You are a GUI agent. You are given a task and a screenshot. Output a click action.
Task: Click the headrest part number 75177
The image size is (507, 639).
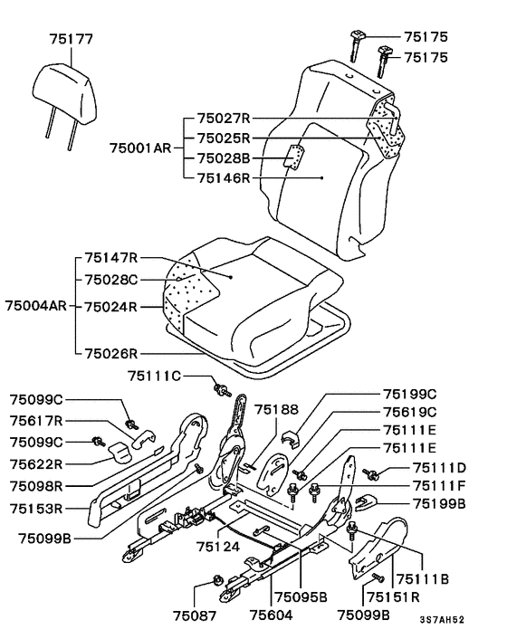point(72,39)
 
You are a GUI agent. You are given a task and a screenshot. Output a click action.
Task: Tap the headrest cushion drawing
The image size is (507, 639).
point(65,93)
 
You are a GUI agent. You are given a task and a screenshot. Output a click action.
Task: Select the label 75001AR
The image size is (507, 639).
point(140,148)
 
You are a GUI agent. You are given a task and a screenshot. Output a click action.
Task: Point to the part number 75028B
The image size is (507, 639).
point(224,158)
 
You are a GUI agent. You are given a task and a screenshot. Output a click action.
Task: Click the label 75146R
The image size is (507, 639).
point(224,178)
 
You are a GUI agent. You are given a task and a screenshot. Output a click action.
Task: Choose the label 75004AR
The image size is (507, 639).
point(36,306)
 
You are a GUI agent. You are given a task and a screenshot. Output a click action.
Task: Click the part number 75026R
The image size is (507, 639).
point(111,353)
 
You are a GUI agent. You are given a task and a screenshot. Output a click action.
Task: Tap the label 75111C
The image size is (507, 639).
point(154,376)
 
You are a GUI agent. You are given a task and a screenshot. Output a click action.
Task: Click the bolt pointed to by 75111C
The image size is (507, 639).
point(222,389)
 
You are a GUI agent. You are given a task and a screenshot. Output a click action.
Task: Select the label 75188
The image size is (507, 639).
point(276,410)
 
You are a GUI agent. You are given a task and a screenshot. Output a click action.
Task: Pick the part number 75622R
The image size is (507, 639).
point(37,463)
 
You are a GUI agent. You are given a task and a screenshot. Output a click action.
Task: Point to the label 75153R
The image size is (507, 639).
point(37,509)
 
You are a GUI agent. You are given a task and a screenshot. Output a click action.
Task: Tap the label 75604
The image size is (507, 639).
point(271,615)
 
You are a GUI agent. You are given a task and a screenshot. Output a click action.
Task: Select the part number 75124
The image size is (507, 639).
point(218,546)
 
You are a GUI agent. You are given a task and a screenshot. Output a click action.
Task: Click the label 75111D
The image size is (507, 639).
point(439,467)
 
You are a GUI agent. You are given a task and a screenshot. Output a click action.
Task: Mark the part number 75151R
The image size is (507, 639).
point(394,596)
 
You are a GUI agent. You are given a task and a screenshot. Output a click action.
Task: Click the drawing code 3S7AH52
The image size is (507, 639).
point(442,620)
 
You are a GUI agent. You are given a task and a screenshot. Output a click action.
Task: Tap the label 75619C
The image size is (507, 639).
point(409,412)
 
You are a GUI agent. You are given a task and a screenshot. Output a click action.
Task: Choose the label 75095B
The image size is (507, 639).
point(301,596)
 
